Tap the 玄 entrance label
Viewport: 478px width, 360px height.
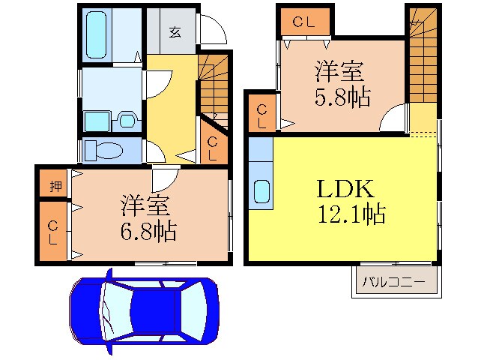click(x=174, y=31)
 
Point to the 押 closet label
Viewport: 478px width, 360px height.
click(x=55, y=187)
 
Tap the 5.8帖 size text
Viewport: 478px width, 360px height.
click(x=340, y=97)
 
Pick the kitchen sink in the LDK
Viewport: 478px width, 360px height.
click(x=261, y=191)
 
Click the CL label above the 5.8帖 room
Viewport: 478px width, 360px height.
click(x=305, y=22)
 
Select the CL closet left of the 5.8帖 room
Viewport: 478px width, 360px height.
click(x=261, y=116)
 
